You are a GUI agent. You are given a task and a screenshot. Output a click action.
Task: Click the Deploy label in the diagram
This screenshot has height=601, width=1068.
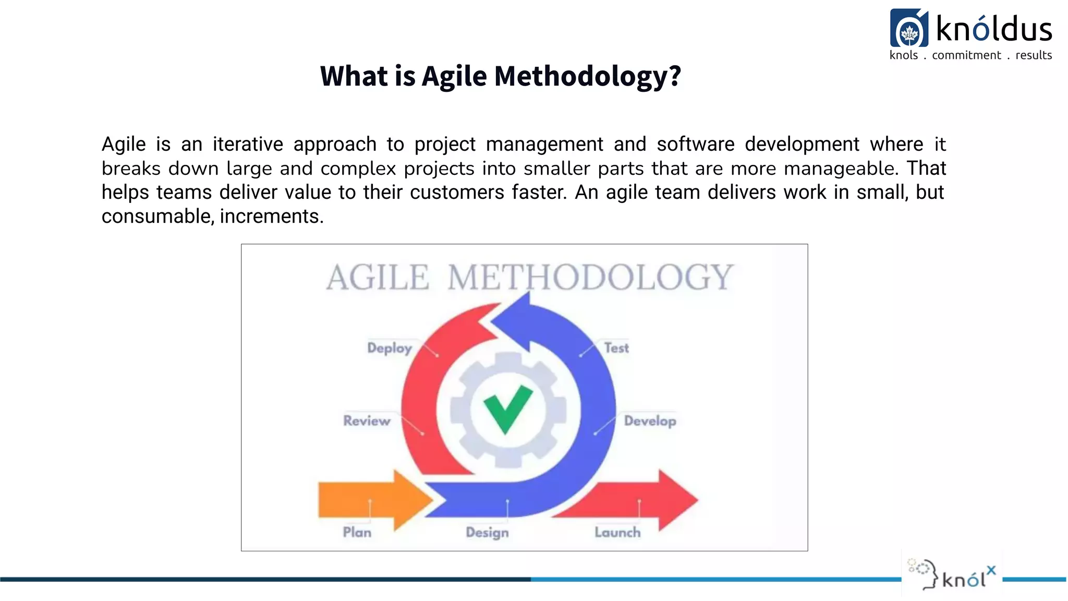[389, 348]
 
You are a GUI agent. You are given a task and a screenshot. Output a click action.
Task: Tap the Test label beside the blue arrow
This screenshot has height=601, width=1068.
[616, 348]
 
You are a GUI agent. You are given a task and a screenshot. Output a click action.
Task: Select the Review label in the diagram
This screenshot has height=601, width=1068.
[367, 421]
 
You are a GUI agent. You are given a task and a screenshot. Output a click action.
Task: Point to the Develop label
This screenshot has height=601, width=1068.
[650, 421]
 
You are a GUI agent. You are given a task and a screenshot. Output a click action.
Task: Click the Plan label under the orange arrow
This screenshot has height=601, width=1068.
[357, 532]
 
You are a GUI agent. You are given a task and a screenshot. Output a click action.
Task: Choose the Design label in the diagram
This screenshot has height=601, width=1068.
[487, 533]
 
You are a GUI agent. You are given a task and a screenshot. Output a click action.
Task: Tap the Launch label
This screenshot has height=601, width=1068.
[617, 533]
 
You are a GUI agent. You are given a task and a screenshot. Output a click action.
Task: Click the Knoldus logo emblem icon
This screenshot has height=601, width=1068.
[909, 29]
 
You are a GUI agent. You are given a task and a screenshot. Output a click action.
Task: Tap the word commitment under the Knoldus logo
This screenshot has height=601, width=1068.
[966, 55]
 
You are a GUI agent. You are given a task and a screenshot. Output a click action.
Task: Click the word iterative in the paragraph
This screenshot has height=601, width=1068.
[248, 144]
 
